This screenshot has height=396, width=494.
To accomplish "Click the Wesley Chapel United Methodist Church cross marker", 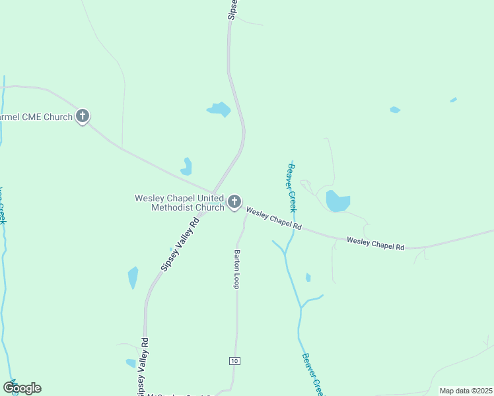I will click(234, 202).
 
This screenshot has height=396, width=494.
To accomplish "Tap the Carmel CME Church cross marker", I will click(83, 117).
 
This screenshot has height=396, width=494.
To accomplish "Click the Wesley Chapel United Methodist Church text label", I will click(180, 203).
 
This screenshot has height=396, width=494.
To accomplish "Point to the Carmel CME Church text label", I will click(36, 117).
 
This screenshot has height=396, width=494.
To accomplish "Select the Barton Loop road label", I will click(236, 269).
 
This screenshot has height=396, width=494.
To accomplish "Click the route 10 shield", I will click(234, 360).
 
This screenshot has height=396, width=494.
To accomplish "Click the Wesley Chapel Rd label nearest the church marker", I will click(274, 218).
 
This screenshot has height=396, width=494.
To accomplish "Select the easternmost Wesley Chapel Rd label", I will click(375, 244).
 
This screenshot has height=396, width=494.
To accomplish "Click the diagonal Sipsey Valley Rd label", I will click(180, 246).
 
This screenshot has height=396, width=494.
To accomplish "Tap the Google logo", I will click(22, 388).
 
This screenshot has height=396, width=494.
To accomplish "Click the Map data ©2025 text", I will click(466, 391).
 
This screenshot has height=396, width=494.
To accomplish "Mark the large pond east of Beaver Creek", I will click(337, 201).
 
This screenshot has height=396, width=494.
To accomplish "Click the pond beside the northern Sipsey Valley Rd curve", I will click(219, 109).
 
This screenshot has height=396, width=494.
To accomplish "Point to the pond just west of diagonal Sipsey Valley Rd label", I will click(133, 277).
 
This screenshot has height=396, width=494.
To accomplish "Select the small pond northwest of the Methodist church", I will click(187, 166).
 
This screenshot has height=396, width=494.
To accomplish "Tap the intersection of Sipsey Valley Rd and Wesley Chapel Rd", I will click(213, 193).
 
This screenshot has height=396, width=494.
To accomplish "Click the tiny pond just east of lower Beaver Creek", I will click(308, 278).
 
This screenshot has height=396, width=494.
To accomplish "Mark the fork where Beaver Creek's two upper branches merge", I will click(287, 252).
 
